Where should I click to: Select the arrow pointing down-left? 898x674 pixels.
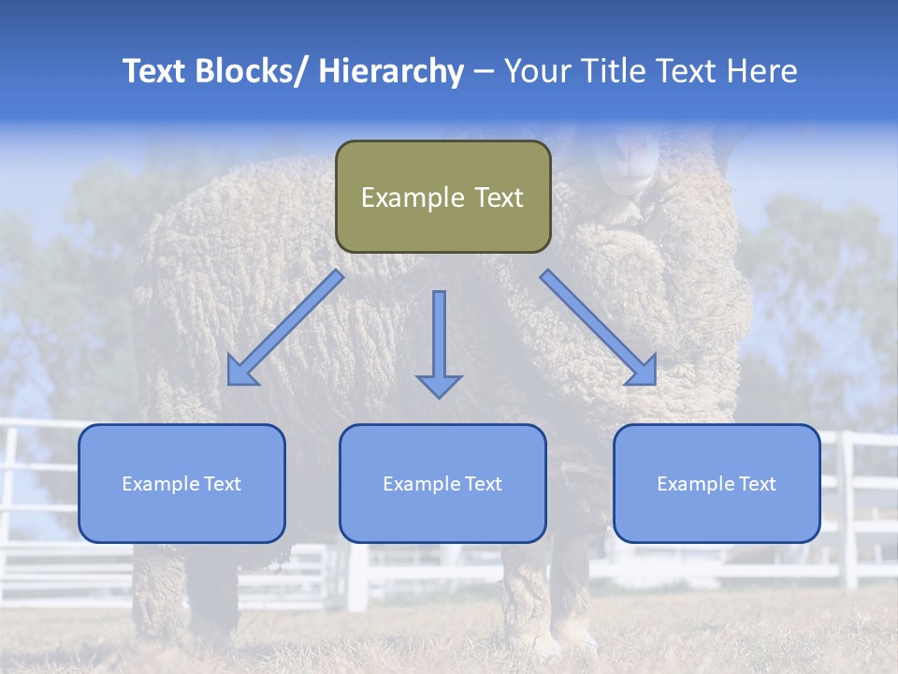pyautogui.click(x=284, y=329)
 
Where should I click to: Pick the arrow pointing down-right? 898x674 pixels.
pyautogui.click(x=599, y=328)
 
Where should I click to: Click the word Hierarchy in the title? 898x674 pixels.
pyautogui.click(x=391, y=72)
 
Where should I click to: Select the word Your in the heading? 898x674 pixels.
pyautogui.click(x=536, y=72)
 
